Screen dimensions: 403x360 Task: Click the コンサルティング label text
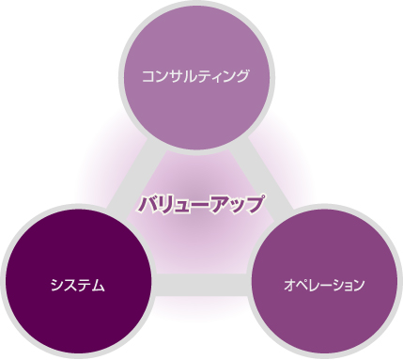pos(195,76)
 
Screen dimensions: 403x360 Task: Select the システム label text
pos(77,286)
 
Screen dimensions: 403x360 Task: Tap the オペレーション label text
pos(324,285)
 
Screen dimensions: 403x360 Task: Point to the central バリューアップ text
pos(200,204)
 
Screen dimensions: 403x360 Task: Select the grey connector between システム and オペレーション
pos(201,285)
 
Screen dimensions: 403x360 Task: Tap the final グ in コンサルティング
pos(242,76)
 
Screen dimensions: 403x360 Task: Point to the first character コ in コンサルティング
pos(147,77)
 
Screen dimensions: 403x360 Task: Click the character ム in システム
pos(98,286)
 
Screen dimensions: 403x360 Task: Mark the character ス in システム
pos(70,286)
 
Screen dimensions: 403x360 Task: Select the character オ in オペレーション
pos(289,285)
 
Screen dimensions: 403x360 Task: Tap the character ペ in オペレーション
pos(303,285)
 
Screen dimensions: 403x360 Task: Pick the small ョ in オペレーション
pos(345,287)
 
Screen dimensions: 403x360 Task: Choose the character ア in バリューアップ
pos(217,205)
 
